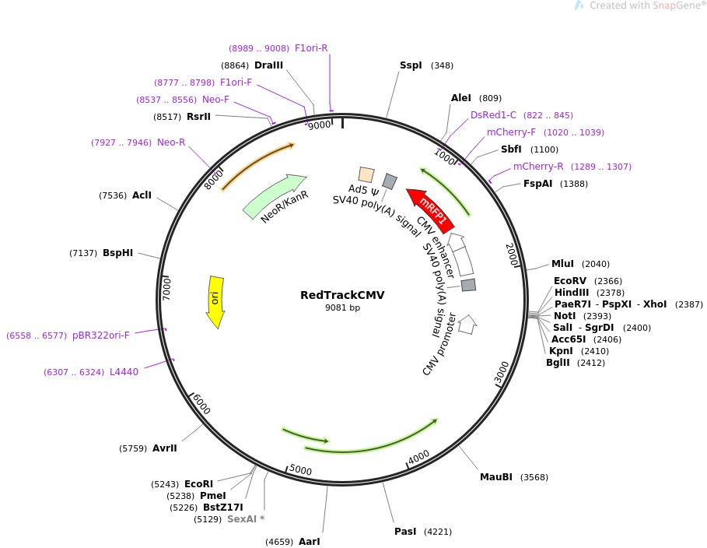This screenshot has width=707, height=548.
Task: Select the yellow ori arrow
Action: [215, 300]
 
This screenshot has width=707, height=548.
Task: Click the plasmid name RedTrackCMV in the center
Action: [342, 295]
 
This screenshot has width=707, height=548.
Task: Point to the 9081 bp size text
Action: [342, 308]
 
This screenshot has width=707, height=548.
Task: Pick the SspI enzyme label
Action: [411, 65]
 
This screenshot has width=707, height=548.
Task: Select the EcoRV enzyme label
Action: [569, 281]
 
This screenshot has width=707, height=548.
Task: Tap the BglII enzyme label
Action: [558, 362]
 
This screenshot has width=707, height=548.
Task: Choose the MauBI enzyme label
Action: [495, 477]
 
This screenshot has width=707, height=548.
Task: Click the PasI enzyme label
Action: [405, 532]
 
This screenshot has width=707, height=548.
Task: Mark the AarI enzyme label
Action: [309, 541]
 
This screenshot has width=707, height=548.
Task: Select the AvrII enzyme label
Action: [165, 448]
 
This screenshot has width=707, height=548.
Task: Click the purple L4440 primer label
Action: [124, 372]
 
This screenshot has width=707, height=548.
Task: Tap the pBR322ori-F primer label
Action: [101, 335]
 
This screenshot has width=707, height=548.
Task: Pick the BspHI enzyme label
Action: [117, 253]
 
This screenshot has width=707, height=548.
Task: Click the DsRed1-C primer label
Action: [493, 115]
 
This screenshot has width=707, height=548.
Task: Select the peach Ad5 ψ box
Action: [366, 174]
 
